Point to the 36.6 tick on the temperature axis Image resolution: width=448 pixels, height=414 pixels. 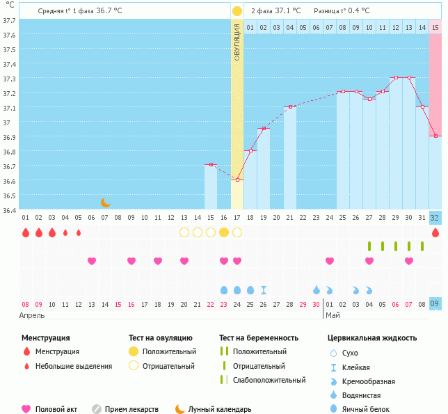[x=9, y=181]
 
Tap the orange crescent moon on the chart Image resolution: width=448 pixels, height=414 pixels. [x=105, y=202]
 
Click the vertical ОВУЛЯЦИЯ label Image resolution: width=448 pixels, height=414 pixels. [x=237, y=42]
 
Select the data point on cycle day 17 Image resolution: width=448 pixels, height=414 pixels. [x=237, y=180]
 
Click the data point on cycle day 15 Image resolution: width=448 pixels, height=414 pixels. [x=211, y=165]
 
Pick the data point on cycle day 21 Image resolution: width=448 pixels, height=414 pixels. [x=290, y=107]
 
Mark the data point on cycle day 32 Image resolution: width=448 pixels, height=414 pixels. [x=435, y=136]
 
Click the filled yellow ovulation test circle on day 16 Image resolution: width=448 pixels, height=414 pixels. [x=224, y=232]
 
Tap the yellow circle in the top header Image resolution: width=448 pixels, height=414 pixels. [x=237, y=11]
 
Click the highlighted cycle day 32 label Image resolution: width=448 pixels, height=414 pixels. [x=435, y=218]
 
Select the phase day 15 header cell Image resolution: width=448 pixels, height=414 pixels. [x=435, y=27]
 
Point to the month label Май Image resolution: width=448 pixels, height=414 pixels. [x=333, y=315]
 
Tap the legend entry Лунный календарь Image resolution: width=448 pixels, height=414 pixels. [x=212, y=409]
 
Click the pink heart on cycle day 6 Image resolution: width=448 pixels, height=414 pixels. [x=92, y=261]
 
